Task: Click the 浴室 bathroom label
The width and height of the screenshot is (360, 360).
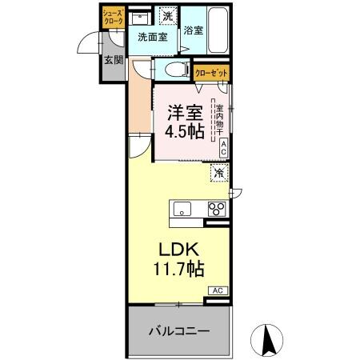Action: click(193, 30)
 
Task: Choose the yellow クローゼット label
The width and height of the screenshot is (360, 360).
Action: click(212, 73)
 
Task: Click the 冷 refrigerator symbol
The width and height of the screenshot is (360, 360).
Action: click(218, 172)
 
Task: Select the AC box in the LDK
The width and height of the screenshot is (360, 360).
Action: click(217, 290)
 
